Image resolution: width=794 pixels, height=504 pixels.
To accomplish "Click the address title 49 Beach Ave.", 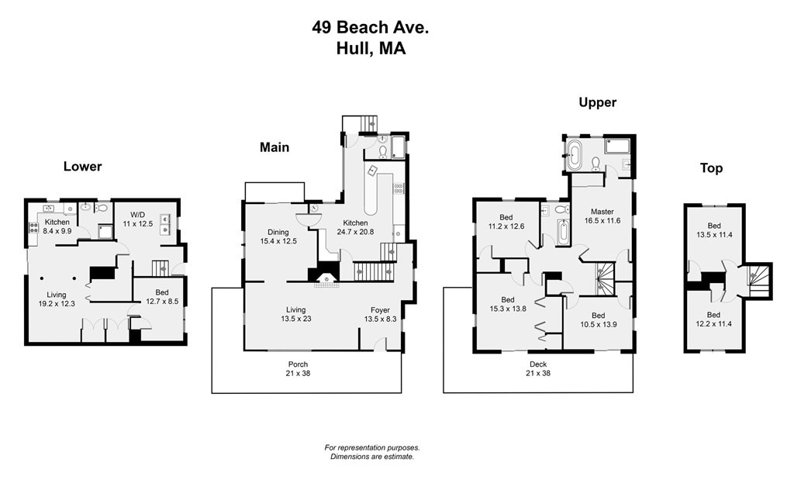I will pyautogui.click(x=370, y=28).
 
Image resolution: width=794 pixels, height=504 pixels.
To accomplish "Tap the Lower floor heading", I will pyautogui.click(x=82, y=166).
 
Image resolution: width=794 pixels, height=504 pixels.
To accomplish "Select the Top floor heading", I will pyautogui.click(x=711, y=167).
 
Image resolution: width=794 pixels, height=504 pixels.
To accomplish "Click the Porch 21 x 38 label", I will pyautogui.click(x=298, y=368).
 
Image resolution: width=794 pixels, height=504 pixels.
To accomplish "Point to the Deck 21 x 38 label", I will pyautogui.click(x=538, y=368).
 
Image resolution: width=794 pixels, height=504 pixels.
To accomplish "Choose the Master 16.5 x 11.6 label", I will pyautogui.click(x=602, y=216).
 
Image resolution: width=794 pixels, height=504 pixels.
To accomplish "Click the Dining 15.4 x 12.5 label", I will pyautogui.click(x=278, y=236).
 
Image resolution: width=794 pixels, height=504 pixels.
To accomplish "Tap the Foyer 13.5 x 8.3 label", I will pyautogui.click(x=380, y=314).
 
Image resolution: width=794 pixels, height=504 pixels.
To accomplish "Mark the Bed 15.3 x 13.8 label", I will pyautogui.click(x=507, y=304).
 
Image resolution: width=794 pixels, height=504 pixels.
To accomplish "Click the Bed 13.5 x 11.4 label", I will pyautogui.click(x=713, y=230).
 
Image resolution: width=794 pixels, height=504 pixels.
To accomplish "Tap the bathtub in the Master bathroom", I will pyautogui.click(x=574, y=155).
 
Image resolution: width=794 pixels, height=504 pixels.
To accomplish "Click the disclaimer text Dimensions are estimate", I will pyautogui.click(x=371, y=457).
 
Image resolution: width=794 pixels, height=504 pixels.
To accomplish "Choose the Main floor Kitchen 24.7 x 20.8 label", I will pyautogui.click(x=356, y=227).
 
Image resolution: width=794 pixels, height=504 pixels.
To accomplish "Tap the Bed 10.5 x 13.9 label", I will pyautogui.click(x=598, y=319).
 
